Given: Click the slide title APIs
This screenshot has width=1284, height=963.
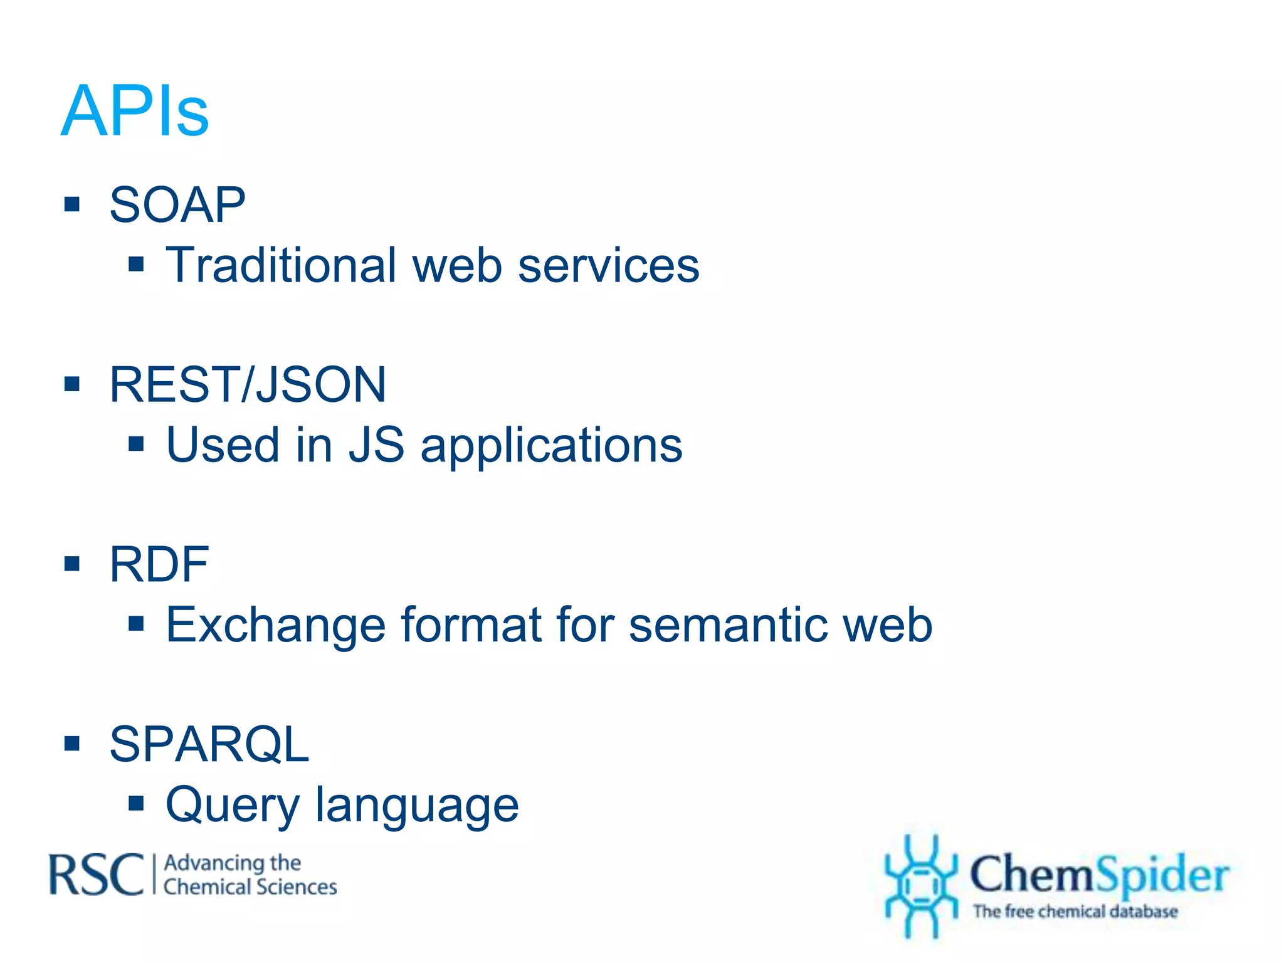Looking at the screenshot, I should coord(135,111).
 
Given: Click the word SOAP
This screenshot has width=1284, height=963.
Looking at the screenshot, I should coord(177,205).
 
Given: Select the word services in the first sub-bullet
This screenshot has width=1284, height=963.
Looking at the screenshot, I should coord(608,265).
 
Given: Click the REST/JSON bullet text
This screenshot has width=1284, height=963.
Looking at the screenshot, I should coord(248,384).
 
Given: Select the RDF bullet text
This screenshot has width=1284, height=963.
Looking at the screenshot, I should coord(159,564).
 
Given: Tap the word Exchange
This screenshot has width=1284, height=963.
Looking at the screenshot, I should coord(275,626).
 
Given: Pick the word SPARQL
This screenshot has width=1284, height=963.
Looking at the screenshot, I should coord(209,744).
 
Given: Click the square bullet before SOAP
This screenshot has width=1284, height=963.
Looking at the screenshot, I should coord(72,204).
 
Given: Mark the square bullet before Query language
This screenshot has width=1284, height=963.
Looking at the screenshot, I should coord(136,803).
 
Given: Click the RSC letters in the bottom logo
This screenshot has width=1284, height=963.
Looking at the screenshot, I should coord(97,875).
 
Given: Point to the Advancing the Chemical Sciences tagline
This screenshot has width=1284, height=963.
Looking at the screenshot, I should coord(250,875).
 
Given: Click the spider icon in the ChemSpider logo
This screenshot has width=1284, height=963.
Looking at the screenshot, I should coord(920,885).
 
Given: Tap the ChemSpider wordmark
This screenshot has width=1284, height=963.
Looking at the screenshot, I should coord(1099,874).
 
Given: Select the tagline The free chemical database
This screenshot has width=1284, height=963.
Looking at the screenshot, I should coord(1075,911).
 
